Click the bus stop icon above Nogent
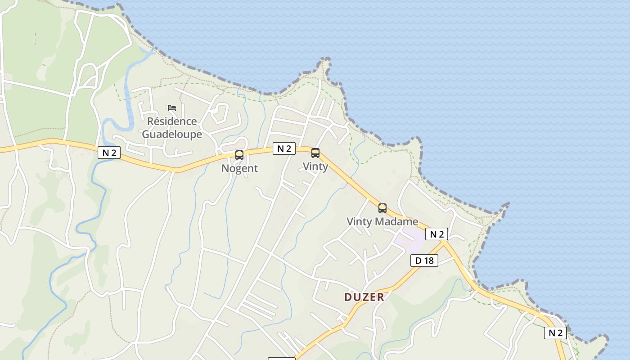(239, 155)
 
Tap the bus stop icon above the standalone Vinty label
(315, 153)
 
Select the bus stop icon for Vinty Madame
(382, 208)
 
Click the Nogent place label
(239, 168)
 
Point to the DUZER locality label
(364, 297)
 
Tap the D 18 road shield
(424, 260)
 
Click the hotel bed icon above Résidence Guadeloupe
(171, 108)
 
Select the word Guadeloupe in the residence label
(172, 134)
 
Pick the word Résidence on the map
(172, 121)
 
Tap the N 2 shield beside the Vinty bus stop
(284, 148)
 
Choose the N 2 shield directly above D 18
(436, 234)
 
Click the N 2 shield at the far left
(109, 153)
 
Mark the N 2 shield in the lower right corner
(555, 333)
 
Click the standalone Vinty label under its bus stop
(315, 166)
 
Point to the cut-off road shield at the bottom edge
(281, 358)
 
